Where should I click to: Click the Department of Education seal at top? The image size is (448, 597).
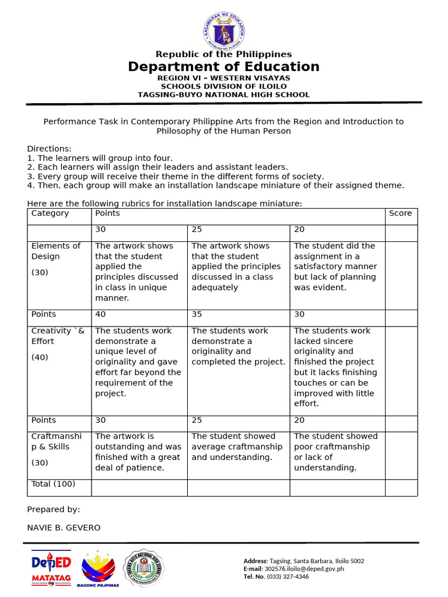click(224, 27)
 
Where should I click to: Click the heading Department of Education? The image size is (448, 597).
click(224, 66)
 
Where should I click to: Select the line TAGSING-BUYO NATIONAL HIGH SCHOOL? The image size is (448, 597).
click(224, 94)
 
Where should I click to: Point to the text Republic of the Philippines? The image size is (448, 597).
click(224, 54)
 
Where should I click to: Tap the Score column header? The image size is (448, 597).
click(400, 213)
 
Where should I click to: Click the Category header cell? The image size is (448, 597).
click(50, 213)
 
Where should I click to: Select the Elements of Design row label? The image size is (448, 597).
click(56, 251)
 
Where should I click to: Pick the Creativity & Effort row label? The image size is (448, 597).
click(58, 336)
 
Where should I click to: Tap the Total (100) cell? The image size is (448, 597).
click(53, 484)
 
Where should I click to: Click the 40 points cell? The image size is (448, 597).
click(100, 314)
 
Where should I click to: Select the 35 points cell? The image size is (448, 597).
click(197, 314)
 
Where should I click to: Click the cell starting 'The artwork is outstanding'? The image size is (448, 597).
click(138, 452)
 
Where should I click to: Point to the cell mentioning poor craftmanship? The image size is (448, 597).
click(335, 452)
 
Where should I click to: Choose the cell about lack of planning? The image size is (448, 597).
click(335, 266)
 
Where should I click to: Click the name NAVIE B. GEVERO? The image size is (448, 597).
click(64, 528)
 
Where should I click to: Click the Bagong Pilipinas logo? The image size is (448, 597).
click(98, 568)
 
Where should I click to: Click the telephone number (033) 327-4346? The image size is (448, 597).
click(288, 577)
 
